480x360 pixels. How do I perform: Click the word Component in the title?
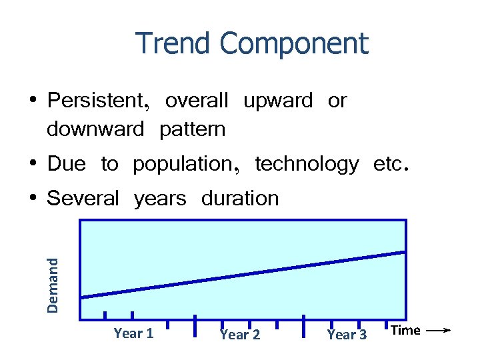[x=293, y=44]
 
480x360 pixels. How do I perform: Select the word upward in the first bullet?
[x=278, y=101]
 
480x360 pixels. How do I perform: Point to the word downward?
[x=95, y=129]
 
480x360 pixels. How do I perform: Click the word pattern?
[x=193, y=129]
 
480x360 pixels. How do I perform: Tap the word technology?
[x=307, y=164]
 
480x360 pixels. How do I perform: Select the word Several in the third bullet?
[x=83, y=199]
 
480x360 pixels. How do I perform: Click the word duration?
[x=240, y=199]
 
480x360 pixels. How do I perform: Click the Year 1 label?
[x=133, y=333]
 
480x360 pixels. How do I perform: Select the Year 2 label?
[x=240, y=334]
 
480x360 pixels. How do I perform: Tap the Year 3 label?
[x=347, y=334]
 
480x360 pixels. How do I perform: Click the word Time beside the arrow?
[x=405, y=330]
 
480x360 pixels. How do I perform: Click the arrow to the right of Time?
[x=438, y=330]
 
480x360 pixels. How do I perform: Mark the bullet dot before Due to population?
[x=33, y=163]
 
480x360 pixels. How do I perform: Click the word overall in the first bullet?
[x=197, y=101]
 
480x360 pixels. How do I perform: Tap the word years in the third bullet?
[x=160, y=199]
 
